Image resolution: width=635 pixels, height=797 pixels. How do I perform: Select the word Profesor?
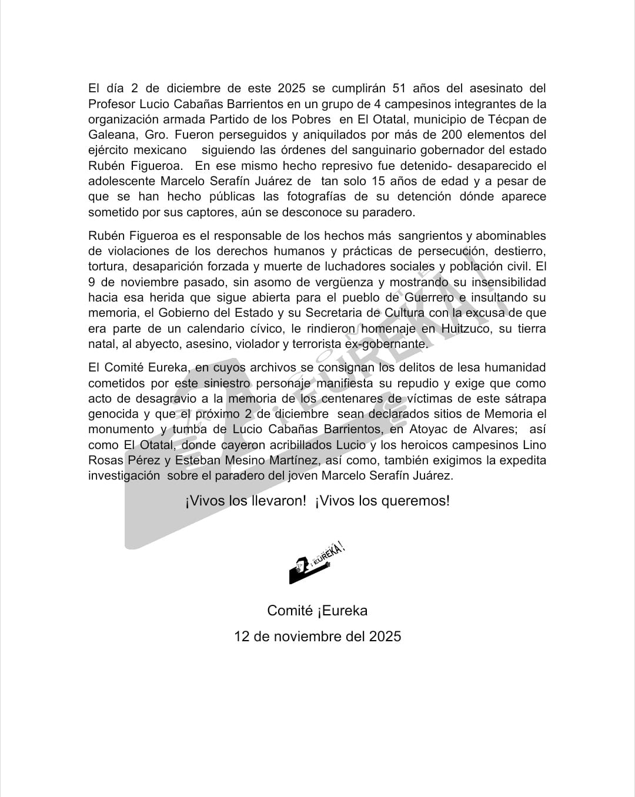coord(112,104)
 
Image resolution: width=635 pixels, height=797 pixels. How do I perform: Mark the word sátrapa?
coord(525,399)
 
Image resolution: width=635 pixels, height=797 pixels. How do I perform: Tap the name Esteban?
coord(198,460)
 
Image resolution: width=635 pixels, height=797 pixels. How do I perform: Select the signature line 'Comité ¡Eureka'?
coord(317,611)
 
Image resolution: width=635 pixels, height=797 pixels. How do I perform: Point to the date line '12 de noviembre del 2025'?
coord(317,636)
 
